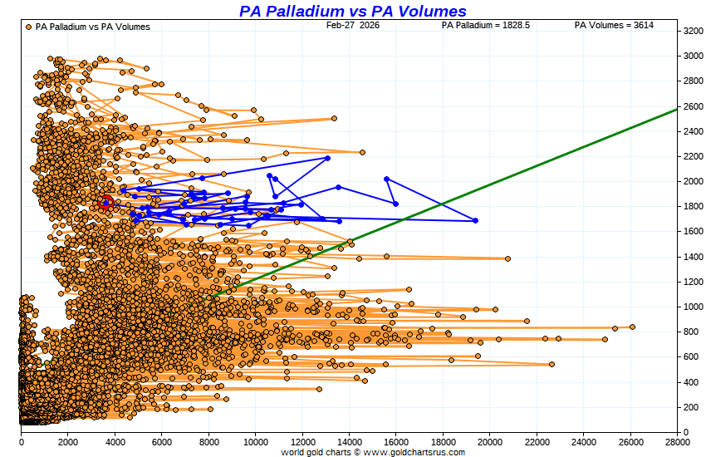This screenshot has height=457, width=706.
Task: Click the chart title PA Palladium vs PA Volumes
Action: [x=352, y=11]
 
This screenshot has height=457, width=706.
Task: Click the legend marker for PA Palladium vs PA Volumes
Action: [x=29, y=27]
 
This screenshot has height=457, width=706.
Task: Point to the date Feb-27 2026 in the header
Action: [x=352, y=25]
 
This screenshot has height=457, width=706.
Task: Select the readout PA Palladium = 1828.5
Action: [x=486, y=25]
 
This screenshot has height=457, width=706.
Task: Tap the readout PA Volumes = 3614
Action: [x=614, y=25]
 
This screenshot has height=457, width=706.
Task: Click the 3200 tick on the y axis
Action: [x=694, y=31]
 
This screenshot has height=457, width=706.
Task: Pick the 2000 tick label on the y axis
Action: [x=694, y=181]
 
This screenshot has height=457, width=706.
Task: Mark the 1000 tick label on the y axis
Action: [x=694, y=307]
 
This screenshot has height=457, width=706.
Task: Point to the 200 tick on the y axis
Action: [x=694, y=407]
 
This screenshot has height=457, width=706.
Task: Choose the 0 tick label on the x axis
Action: [x=21, y=441]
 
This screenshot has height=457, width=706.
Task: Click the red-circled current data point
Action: [x=105, y=203]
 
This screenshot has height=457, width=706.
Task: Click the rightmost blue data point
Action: [x=475, y=220]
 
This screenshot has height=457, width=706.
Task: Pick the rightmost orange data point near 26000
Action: [x=632, y=327]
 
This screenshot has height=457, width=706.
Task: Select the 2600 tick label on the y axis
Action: [x=694, y=106]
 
